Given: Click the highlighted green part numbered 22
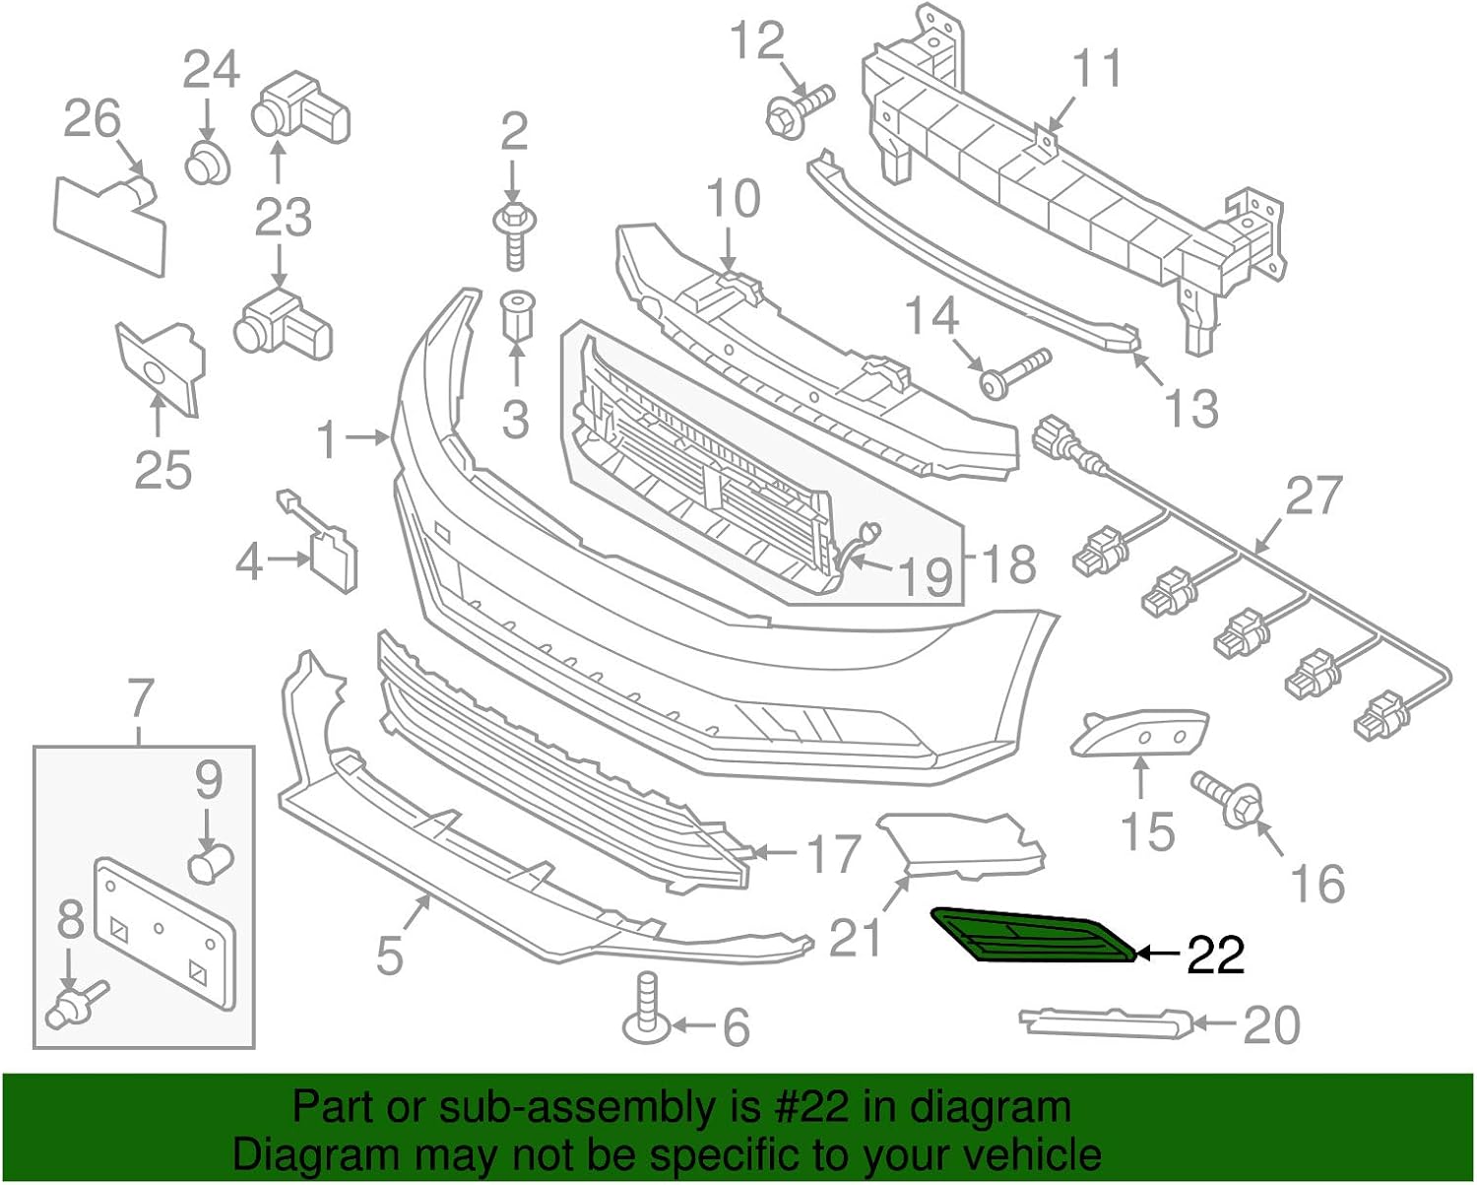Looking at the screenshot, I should pyautogui.click(x=1034, y=935).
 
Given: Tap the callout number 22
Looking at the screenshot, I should pyautogui.click(x=1216, y=955).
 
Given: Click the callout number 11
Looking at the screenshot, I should pyautogui.click(x=1096, y=68).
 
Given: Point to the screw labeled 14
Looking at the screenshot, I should pyautogui.click(x=1014, y=372).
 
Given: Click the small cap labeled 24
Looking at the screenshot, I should pyautogui.click(x=208, y=162).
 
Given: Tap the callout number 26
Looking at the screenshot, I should pyautogui.click(x=93, y=119).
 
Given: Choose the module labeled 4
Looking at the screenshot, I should pyautogui.click(x=334, y=560).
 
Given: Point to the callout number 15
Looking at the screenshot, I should pyautogui.click(x=1147, y=832).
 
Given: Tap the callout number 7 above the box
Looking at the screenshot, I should pyautogui.click(x=142, y=699).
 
